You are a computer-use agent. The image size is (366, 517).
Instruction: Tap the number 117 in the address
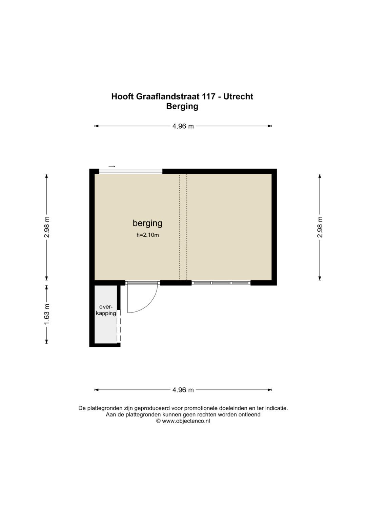coord(209,96)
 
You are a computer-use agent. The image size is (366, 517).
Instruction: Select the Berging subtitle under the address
coord(182,106)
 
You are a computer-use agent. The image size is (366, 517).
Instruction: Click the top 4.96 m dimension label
coord(183,126)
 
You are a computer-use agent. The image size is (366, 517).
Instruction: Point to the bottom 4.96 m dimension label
coord(183,390)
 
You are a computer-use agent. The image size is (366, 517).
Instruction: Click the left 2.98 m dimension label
coord(47,227)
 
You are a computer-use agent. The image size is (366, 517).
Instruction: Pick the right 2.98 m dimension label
coord(320,227)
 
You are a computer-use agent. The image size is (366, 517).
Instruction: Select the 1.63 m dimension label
coord(47,314)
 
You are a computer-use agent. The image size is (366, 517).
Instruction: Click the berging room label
coord(147,223)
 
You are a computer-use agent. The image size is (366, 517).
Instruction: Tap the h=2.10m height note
coord(147,235)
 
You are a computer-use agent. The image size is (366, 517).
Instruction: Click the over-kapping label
coord(106,310)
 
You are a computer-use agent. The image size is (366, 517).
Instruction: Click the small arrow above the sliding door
coord(112,166)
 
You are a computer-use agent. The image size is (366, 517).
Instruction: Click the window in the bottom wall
coord(221,283)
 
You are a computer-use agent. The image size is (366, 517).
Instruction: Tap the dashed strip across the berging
coord(183,227)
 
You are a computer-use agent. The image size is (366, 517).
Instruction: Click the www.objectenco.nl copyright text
coord(183,421)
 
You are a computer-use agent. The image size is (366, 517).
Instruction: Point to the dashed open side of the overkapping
coord(119,327)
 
